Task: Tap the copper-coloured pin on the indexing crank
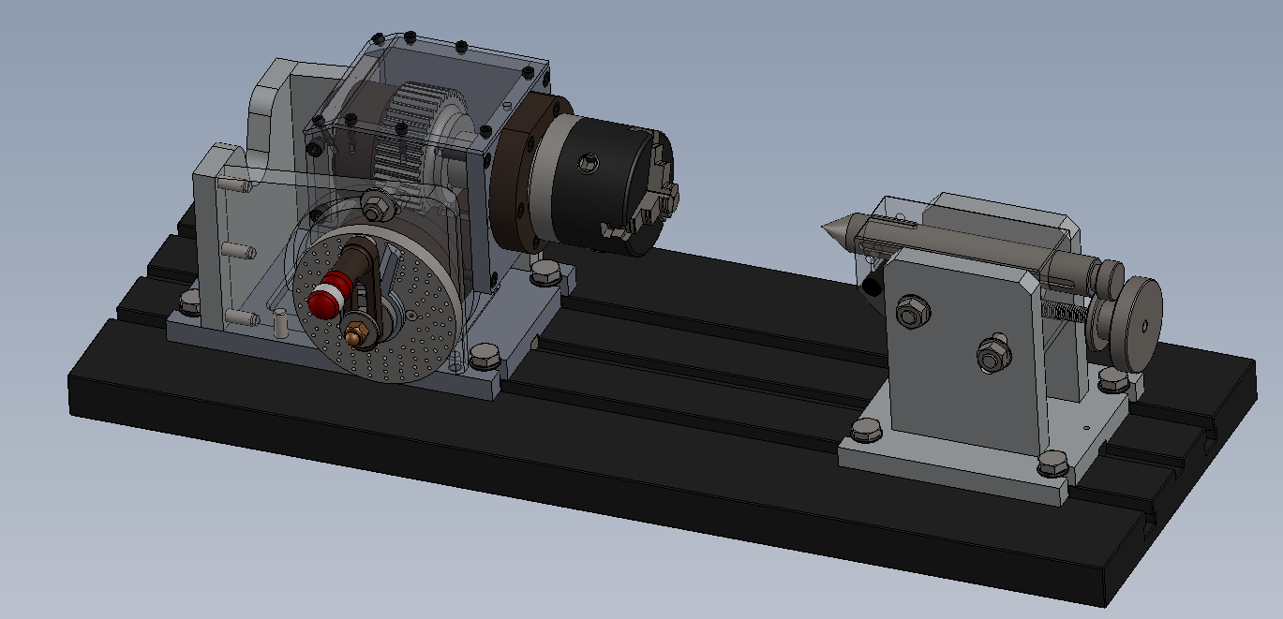[356, 331]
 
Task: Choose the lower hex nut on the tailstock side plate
[991, 355]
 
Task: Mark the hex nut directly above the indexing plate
[374, 202]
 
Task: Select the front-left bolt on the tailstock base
[866, 431]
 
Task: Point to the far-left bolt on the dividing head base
[190, 302]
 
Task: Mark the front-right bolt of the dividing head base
[485, 355]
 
